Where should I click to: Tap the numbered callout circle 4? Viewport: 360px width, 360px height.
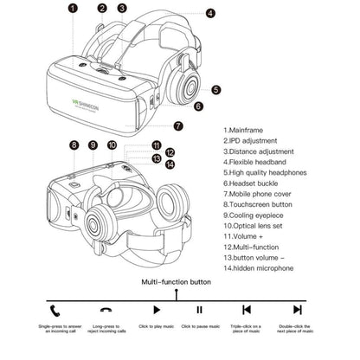pos(210,14)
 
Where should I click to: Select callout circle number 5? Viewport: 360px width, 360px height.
pos(215,88)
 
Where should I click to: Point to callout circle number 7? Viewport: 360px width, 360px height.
pos(178,125)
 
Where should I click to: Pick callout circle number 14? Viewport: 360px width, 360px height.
pos(170,164)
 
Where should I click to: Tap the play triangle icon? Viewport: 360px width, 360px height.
pos(157,308)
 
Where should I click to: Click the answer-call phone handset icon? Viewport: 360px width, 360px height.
pos(56,308)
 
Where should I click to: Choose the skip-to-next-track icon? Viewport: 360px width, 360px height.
pos(298,308)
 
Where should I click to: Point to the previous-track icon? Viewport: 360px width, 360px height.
pos(247,308)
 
